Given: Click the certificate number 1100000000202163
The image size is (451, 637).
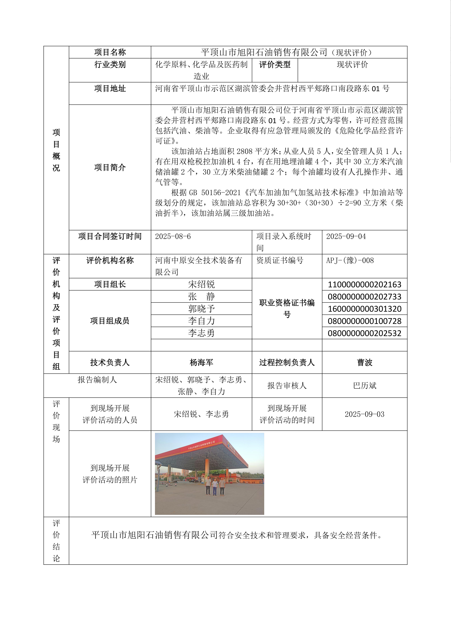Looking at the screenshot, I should pyautogui.click(x=364, y=284).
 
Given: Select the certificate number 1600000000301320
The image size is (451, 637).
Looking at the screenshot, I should pyautogui.click(x=364, y=309).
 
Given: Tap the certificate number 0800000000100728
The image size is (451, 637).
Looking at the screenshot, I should pyautogui.click(x=364, y=321).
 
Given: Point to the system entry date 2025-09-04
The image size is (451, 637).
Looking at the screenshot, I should pyautogui.click(x=346, y=236).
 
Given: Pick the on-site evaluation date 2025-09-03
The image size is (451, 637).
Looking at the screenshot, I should pyautogui.click(x=364, y=414).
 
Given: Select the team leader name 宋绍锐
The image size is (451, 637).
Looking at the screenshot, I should pyautogui.click(x=201, y=284).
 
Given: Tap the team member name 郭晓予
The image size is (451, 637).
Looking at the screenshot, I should pyautogui.click(x=201, y=309).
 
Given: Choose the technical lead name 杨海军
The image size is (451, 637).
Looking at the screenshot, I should pyautogui.click(x=201, y=362).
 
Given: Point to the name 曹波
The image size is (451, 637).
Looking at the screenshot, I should pyautogui.click(x=364, y=362).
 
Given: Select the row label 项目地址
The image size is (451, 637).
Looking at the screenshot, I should pyautogui.click(x=110, y=89).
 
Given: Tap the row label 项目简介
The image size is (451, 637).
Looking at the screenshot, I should pyautogui.click(x=110, y=167).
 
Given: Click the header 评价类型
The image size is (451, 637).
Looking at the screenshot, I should pyautogui.click(x=275, y=65).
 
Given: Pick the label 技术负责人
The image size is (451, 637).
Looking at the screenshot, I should pyautogui.click(x=110, y=362).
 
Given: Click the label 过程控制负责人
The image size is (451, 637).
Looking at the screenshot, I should pyautogui.click(x=287, y=362).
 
